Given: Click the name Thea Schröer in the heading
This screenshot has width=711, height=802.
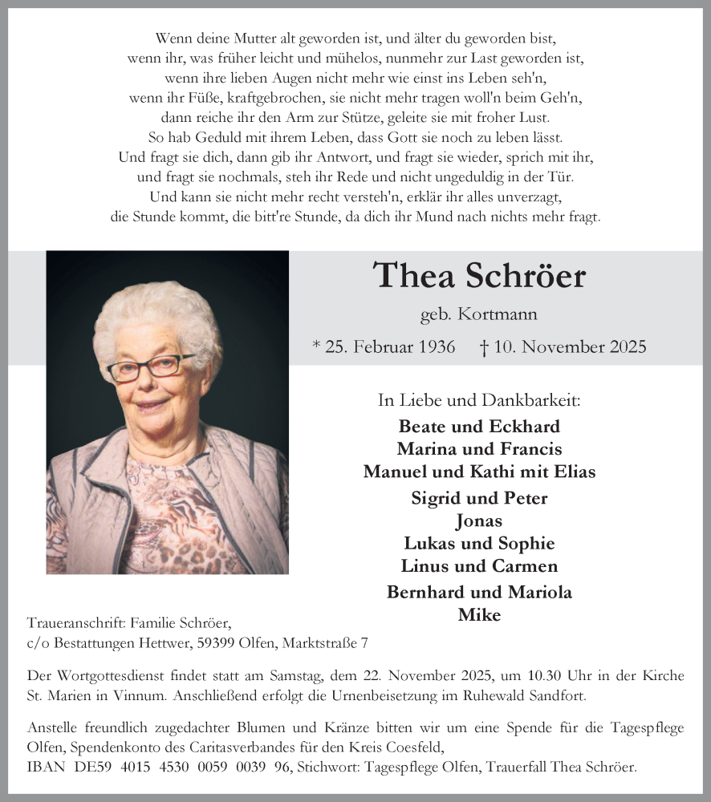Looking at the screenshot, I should tap(480, 276).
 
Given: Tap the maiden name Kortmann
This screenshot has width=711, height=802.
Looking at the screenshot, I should tap(503, 315).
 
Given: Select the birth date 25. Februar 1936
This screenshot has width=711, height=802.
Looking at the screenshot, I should tap(388, 346).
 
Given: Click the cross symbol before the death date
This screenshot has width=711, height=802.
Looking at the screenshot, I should tap(484, 346).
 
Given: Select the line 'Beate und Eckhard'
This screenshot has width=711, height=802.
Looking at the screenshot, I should tap(479, 426).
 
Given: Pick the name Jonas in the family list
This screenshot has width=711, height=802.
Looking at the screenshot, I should tap(479, 520).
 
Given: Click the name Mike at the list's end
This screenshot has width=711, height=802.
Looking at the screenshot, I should tap(479, 614).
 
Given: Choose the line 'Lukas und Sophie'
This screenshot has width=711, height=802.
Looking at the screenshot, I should tap(479, 543).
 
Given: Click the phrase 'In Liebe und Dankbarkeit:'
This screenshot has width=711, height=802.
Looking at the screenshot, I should tap(479, 399).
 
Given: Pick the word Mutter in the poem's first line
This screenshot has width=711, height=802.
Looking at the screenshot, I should tap(242, 38).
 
